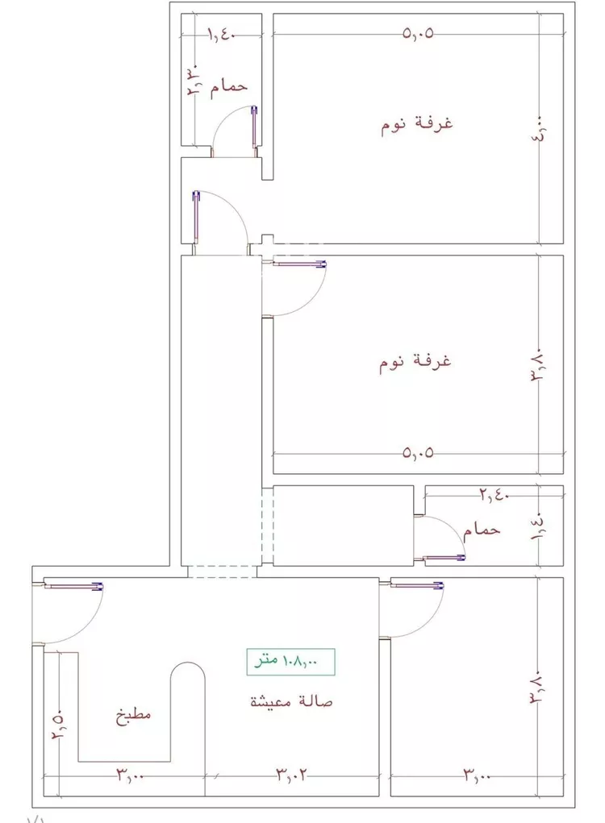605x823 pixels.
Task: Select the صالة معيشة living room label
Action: (291, 701)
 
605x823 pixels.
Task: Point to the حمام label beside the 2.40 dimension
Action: (482, 530)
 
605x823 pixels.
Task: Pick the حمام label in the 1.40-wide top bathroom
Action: (228, 86)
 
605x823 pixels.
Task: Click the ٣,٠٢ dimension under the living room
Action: (294, 776)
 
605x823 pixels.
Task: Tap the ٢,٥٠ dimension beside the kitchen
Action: (57, 726)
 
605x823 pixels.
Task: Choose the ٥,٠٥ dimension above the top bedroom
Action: (418, 34)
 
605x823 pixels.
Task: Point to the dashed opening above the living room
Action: (223, 571)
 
